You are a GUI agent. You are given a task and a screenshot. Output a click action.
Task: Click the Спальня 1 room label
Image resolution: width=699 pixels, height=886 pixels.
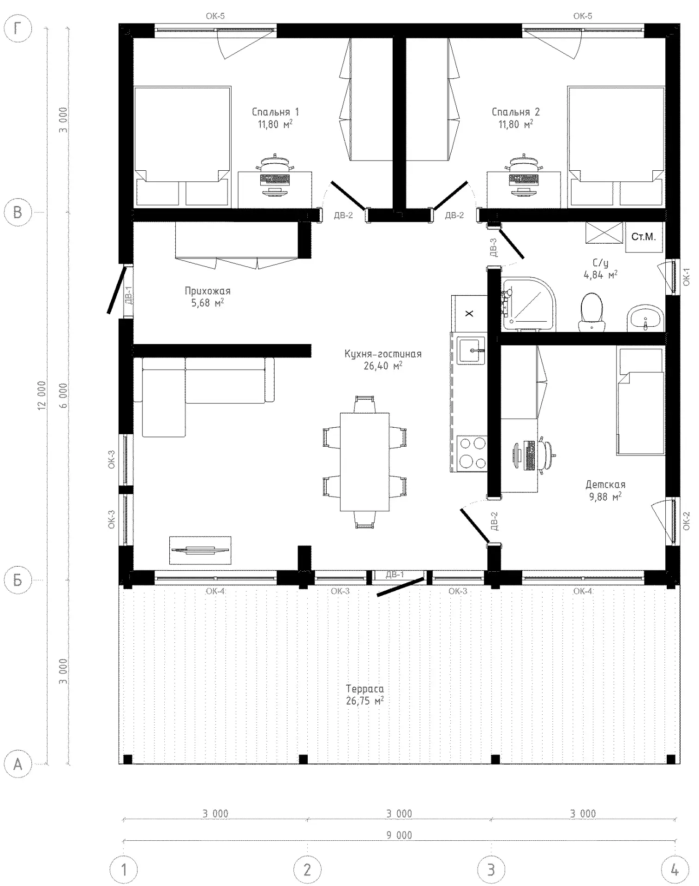coord(275,112)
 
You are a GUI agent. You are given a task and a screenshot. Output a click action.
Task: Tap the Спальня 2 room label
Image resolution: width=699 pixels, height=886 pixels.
coord(515,112)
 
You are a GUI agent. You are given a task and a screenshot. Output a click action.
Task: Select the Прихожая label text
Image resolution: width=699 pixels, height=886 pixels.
coord(207,291)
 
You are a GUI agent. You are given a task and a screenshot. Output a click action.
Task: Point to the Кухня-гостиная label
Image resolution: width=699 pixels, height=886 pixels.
coord(383,354)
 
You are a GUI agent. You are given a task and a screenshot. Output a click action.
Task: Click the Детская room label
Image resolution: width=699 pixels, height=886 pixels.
coord(605,485)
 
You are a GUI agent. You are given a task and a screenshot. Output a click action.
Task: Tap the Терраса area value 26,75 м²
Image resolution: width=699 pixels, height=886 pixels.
coord(365,701)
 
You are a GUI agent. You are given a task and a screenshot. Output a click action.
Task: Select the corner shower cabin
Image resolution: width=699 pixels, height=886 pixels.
coord(529,304)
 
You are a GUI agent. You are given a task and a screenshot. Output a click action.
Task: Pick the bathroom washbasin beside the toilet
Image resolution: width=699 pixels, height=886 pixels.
coord(645,318)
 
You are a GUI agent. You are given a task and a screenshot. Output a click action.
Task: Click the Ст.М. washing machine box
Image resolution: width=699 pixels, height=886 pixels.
coord(644,237)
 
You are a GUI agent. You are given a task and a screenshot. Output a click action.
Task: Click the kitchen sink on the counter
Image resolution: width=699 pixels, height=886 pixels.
coord(471,350)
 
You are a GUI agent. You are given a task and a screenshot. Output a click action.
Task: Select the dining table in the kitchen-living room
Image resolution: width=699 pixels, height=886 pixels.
coord(364,461)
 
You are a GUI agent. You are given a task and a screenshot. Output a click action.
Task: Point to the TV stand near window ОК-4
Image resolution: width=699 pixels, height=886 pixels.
coord(200,550)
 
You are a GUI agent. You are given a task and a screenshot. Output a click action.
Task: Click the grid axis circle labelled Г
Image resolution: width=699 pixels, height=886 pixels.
coord(18,29)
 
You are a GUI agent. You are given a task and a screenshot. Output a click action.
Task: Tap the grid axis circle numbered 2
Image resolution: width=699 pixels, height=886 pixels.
coord(307,870)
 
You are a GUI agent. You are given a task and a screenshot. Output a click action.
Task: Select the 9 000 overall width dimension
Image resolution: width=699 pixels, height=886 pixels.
coord(399,835)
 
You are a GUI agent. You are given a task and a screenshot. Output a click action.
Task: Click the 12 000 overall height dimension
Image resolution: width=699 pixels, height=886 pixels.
coord(42,395)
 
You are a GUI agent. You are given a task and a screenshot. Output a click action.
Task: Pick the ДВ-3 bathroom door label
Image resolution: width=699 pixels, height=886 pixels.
coord(493,247)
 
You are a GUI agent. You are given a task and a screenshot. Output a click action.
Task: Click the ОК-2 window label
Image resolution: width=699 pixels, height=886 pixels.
coord(687,521)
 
